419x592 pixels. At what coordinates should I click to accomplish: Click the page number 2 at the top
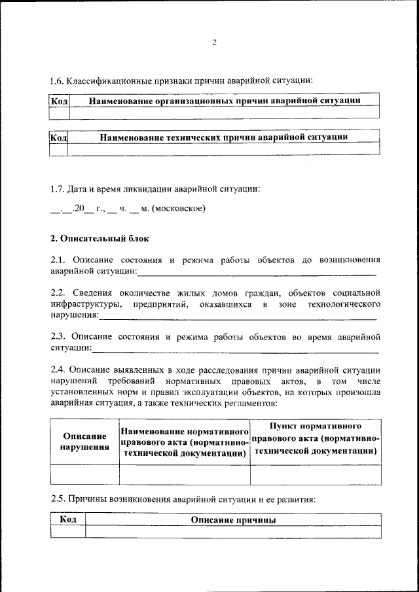214,43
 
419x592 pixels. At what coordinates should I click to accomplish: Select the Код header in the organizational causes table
58,101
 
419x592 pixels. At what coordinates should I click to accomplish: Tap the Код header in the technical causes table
59,137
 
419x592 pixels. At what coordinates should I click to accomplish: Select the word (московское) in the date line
179,209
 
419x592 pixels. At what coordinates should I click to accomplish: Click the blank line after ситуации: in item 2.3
236,349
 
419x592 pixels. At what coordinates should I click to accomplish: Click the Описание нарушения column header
84,442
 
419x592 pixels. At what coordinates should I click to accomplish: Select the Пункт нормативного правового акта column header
315,438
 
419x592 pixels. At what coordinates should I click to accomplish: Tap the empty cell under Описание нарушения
84,474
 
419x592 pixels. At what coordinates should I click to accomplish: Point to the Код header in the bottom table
68,519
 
